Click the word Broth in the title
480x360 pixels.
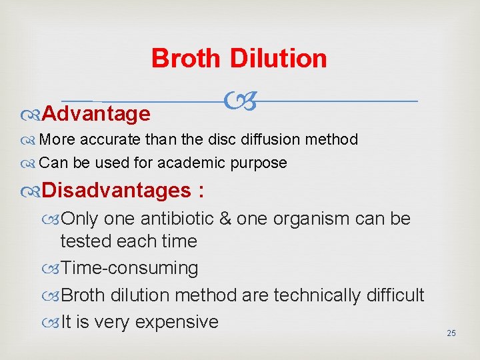pos(185,59)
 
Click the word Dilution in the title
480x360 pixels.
pos(279,59)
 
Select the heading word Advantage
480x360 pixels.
pos(96,114)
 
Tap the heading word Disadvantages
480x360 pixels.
pos(117,191)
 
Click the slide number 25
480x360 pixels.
pos(451,333)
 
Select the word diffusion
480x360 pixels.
pos(273,140)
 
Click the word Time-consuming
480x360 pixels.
pos(129,268)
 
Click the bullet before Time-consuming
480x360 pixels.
pos(53,269)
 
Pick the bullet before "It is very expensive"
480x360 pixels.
pos(53,323)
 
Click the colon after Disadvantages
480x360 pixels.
pos(201,191)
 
